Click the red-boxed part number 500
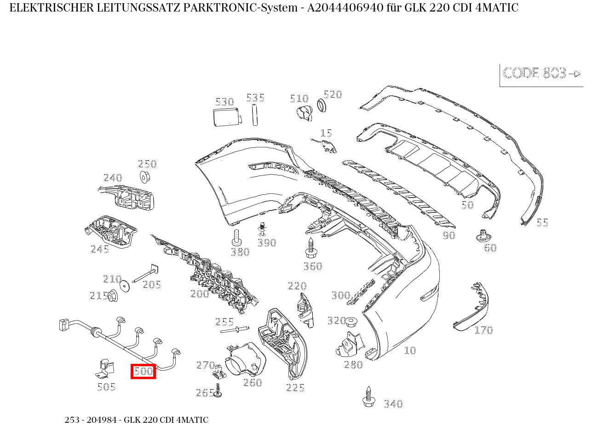pyautogui.click(x=143, y=371)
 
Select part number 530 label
pyautogui.click(x=224, y=102)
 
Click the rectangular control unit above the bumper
pyautogui.click(x=226, y=117)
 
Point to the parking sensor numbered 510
pyautogui.click(x=304, y=112)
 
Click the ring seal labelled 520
pyautogui.click(x=322, y=106)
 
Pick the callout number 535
pyautogui.click(x=255, y=98)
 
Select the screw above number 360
pyautogui.click(x=311, y=247)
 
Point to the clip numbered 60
pyautogui.click(x=482, y=236)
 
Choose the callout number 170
pyautogui.click(x=483, y=330)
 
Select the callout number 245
pyautogui.click(x=100, y=249)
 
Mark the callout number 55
pyautogui.click(x=542, y=222)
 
